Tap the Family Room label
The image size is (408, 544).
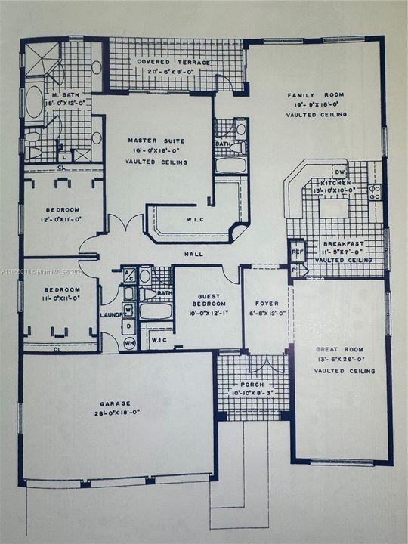315,95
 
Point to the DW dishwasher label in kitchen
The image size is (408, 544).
340,173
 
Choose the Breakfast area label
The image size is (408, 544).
344,244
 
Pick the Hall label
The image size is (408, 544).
195,254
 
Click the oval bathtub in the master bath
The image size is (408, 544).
35,103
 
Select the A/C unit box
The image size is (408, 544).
128,275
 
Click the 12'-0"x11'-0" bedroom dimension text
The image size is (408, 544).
60,219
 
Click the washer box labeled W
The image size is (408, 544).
128,310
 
